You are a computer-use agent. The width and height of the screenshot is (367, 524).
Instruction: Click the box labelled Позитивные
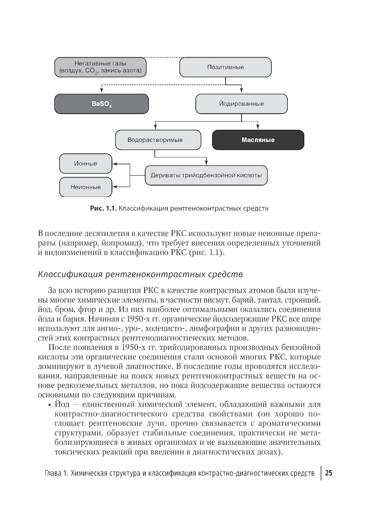pos(225,67)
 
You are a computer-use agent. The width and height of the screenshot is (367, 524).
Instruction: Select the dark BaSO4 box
pos(102,104)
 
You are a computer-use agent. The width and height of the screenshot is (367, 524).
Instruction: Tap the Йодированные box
pos(241,104)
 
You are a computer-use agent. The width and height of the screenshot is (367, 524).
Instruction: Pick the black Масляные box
pos(258,140)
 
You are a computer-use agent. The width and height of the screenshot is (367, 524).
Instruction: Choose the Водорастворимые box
pos(158,140)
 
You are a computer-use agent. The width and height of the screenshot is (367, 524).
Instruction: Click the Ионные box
pos(86,164)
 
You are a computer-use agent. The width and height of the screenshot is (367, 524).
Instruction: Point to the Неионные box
pos(86,187)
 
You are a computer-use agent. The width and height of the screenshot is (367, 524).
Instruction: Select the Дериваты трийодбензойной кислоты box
pos(206,175)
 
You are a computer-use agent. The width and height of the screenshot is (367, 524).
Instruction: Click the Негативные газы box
pos(100,67)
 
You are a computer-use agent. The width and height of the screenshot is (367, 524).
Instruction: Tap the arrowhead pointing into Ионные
pos(115,164)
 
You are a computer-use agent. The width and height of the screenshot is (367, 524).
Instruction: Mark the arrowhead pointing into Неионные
pos(115,187)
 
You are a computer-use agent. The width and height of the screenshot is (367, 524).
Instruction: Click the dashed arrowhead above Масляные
pos(258,128)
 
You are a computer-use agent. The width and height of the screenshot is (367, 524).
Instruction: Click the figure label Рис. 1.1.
pos(103,209)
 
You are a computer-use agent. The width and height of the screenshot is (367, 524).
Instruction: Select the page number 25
pos(328,473)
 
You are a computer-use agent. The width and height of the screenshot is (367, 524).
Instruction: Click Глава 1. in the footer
pos(56,473)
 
